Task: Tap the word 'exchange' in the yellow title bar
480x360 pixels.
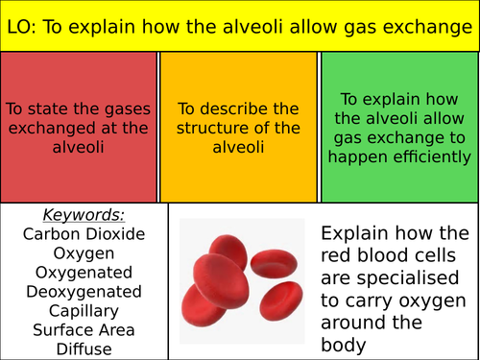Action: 426,27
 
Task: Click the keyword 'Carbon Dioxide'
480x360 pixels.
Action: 84,234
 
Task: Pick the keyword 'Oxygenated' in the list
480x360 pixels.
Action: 84,273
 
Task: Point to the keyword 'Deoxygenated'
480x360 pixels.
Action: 84,292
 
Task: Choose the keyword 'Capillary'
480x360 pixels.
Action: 84,311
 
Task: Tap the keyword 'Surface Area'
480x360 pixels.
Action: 84,330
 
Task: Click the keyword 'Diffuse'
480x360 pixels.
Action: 84,349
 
